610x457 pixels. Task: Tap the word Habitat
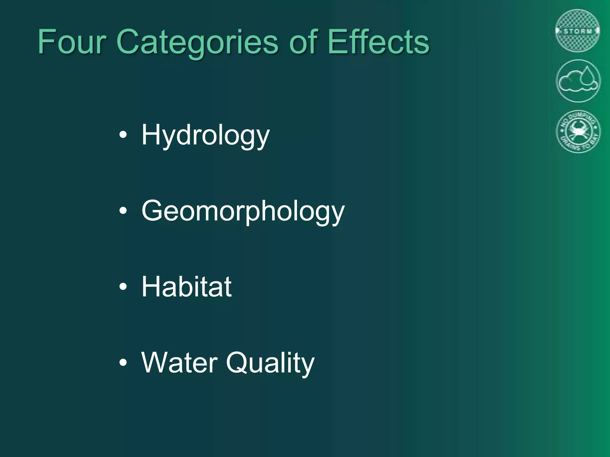(x=186, y=287)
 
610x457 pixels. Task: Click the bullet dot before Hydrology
(x=123, y=136)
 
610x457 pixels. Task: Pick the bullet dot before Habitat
(x=123, y=287)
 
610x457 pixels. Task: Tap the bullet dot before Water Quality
(x=123, y=363)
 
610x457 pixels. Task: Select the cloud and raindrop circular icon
(x=578, y=81)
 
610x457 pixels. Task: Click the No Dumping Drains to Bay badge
(x=578, y=132)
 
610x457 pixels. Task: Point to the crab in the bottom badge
(x=578, y=131)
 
